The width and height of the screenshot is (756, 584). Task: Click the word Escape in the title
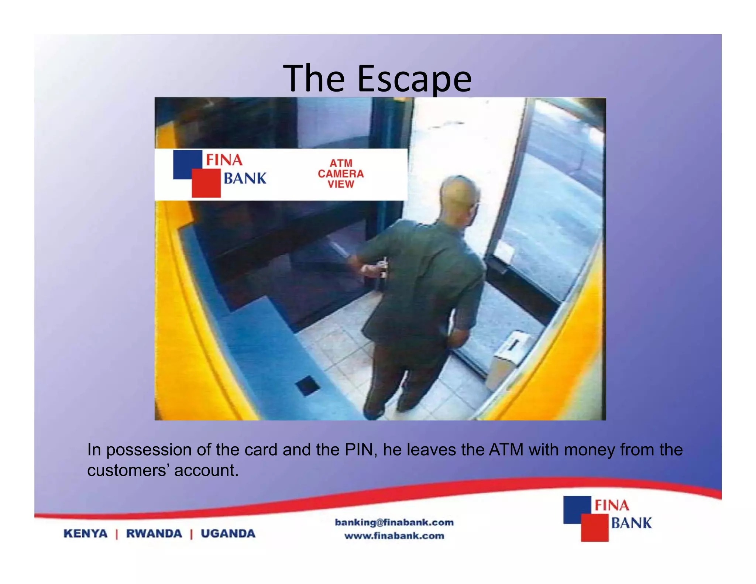414,79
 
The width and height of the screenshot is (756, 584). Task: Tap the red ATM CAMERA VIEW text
340,174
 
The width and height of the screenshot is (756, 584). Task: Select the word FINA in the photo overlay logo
224,160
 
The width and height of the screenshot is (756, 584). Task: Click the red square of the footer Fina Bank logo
594,528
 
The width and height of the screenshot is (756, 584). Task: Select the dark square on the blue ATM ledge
307,386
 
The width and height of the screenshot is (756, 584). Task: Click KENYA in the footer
85,533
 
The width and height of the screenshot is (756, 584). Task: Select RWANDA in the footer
154,533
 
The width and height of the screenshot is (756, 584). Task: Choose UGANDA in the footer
228,533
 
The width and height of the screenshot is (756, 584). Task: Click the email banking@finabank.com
394,522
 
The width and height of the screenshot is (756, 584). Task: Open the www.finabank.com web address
394,536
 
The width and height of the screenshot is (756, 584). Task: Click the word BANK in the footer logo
631,523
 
